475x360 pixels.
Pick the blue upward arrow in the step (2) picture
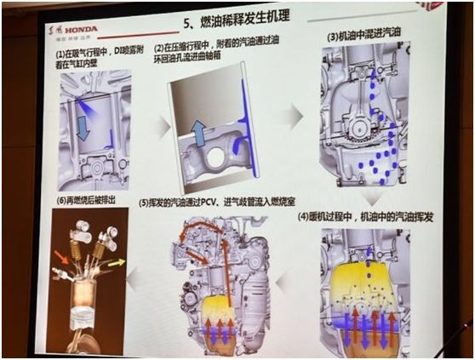(197, 134)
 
